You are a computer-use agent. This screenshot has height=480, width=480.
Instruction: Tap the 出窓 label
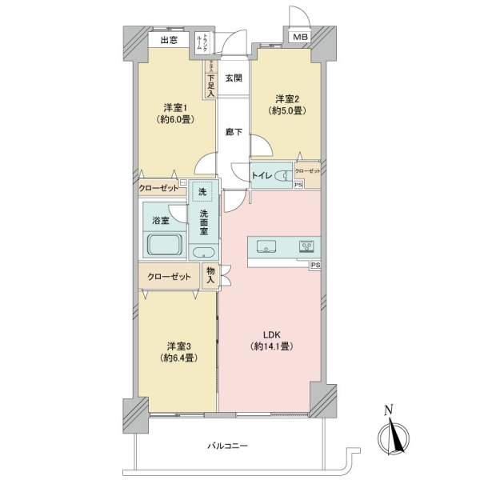[168, 40]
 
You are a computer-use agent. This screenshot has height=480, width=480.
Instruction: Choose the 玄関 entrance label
[233, 78]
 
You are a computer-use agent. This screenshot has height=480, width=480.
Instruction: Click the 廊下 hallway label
[233, 132]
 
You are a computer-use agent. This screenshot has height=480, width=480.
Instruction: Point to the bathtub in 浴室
[163, 244]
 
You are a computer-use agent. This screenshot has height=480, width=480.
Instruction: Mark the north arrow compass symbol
[394, 437]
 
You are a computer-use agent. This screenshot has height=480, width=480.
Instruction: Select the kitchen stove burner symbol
[307, 246]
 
